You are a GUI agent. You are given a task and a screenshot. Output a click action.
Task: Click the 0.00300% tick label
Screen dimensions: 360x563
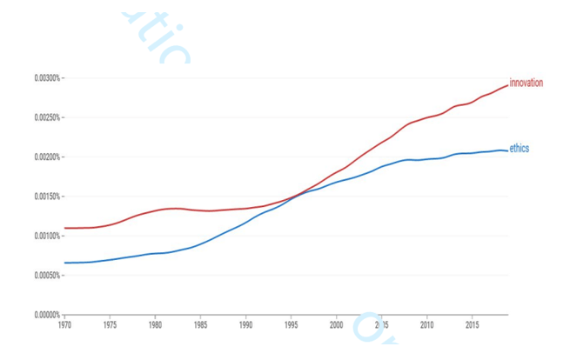point(47,78)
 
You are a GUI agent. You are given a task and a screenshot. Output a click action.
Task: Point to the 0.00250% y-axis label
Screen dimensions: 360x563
point(47,117)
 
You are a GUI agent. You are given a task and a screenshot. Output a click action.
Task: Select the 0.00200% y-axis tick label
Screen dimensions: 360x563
point(47,157)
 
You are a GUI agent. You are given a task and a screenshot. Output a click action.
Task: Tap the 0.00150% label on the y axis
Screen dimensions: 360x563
point(47,197)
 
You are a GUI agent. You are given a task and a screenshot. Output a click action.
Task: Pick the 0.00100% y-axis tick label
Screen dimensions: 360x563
point(47,236)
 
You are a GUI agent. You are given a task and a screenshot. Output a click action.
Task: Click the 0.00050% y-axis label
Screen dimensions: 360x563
point(47,276)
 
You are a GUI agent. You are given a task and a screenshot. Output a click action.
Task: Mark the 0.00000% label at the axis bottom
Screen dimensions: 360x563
point(47,314)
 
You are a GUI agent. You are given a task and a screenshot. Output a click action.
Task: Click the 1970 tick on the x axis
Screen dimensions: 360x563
point(64,325)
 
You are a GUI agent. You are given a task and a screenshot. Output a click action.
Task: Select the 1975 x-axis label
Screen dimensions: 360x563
point(110,325)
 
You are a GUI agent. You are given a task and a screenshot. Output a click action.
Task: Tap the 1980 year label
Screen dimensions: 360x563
point(155,325)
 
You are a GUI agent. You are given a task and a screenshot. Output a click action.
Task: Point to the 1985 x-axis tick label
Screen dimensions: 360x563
point(200,325)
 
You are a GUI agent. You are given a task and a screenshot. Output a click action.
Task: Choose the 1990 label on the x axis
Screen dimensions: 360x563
point(245,325)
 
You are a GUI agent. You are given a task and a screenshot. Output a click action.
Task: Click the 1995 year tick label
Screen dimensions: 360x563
point(291,325)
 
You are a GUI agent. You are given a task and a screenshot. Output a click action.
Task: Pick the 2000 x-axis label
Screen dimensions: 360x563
point(336,325)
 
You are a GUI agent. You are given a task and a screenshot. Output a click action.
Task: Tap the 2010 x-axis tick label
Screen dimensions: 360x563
point(426,325)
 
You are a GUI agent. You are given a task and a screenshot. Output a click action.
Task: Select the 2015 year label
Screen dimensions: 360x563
point(472,325)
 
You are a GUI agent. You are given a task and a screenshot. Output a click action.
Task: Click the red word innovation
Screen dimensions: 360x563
point(526,83)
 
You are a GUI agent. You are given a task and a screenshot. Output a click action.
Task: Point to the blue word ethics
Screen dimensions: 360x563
point(519,149)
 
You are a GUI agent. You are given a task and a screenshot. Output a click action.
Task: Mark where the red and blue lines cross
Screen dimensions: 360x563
point(296,197)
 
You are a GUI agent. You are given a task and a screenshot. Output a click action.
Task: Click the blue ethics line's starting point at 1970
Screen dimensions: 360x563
point(65,263)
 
